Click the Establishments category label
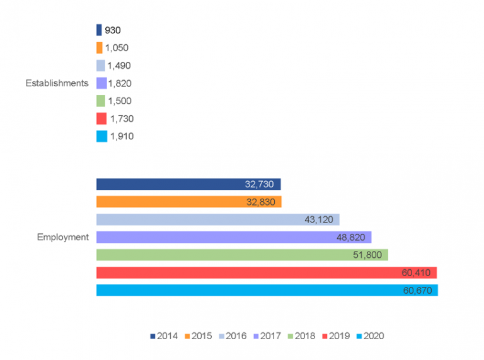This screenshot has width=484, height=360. point(56,83)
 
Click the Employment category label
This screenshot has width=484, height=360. point(62,237)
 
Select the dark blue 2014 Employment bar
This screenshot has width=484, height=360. point(188,184)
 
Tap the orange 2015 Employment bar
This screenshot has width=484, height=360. point(188,202)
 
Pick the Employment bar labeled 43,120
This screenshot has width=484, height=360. point(217,219)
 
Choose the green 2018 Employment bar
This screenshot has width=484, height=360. point(242,255)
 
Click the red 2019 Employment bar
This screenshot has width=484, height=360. point(266,272)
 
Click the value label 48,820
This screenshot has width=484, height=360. point(352,237)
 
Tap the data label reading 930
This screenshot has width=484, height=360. point(113,30)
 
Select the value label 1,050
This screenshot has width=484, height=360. point(117,48)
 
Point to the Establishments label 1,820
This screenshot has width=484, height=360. point(120,83)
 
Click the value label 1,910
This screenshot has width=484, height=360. point(122,136)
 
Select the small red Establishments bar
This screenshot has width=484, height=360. point(101,119)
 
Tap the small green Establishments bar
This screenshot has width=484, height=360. point(101,101)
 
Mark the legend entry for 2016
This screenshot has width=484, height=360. point(233,336)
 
